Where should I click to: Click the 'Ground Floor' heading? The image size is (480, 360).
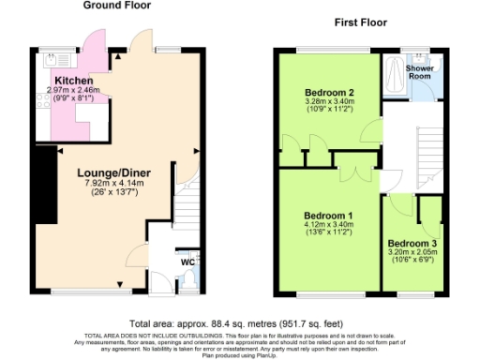coord(119,6)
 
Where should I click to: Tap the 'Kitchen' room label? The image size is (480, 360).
coord(73,82)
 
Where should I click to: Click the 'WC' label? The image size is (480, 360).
coord(187,262)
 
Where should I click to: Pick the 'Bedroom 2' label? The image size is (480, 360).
coord(329,92)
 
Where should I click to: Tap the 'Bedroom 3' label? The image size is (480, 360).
coord(412,243)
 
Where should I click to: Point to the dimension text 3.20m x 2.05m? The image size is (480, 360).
coord(412,253)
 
